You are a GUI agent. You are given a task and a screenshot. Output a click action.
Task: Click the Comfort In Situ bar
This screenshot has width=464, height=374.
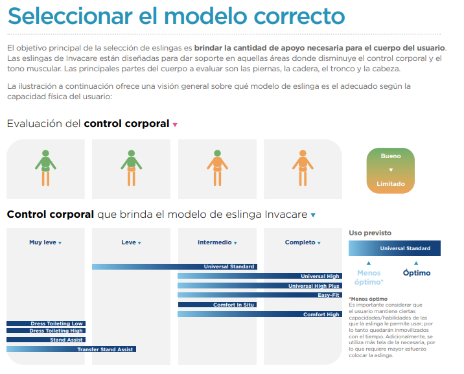point(217,305)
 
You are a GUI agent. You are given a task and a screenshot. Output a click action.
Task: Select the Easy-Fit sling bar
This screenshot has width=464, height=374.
point(260,295)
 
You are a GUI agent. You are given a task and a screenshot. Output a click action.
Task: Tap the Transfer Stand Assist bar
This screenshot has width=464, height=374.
point(71,349)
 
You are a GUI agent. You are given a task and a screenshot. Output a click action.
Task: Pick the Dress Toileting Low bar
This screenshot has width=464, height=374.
point(46,323)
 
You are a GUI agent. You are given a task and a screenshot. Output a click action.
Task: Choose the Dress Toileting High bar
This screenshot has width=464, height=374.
point(46,331)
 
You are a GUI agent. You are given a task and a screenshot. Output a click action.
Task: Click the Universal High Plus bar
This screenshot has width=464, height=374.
point(260,286)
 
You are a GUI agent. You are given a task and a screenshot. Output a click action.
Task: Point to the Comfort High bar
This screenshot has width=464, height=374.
point(260,314)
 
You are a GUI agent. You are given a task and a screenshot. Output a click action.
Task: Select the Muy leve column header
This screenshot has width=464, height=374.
point(45,242)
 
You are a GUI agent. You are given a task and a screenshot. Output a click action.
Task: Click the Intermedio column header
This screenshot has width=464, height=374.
point(217,242)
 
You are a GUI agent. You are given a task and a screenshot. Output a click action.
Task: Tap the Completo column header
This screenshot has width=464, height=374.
point(303,242)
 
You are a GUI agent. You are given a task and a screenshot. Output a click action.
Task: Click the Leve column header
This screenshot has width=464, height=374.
point(131,242)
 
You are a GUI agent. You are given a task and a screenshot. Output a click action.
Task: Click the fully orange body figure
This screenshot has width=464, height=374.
point(303,168)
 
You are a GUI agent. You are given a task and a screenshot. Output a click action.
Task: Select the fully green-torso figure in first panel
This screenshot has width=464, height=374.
point(45,168)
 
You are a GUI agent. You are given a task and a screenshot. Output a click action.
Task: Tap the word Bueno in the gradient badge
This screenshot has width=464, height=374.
point(391,156)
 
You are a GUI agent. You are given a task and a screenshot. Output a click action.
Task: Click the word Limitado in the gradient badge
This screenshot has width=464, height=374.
point(391,183)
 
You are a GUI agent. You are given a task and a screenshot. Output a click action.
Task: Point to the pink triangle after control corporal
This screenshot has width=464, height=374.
point(175,125)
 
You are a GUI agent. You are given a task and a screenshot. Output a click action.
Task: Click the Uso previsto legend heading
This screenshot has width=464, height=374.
point(370,233)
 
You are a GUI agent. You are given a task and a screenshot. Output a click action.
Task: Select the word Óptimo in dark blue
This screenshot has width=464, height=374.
point(417,272)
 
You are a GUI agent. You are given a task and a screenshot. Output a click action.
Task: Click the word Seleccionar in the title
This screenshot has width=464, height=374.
point(70,16)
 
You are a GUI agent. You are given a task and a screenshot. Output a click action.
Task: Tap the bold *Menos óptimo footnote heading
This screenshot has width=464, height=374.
point(368,299)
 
